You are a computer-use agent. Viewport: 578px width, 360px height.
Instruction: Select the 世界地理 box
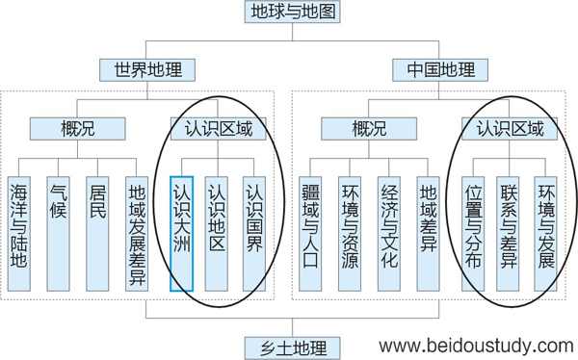(147, 69)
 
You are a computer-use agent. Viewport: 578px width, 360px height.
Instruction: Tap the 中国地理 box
(441, 69)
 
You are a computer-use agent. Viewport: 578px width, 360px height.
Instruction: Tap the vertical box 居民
(97, 232)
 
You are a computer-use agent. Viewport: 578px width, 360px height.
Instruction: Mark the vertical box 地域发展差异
(136, 232)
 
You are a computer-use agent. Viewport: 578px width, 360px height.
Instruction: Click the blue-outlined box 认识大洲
(182, 232)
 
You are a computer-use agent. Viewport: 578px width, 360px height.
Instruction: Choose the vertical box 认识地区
(218, 232)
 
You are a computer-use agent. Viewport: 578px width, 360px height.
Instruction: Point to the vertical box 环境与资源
(352, 232)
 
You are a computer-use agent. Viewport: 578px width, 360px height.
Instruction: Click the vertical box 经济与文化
(390, 232)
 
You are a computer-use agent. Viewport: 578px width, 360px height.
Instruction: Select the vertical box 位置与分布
(474, 232)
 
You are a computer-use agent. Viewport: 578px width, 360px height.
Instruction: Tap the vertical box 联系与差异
(511, 232)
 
